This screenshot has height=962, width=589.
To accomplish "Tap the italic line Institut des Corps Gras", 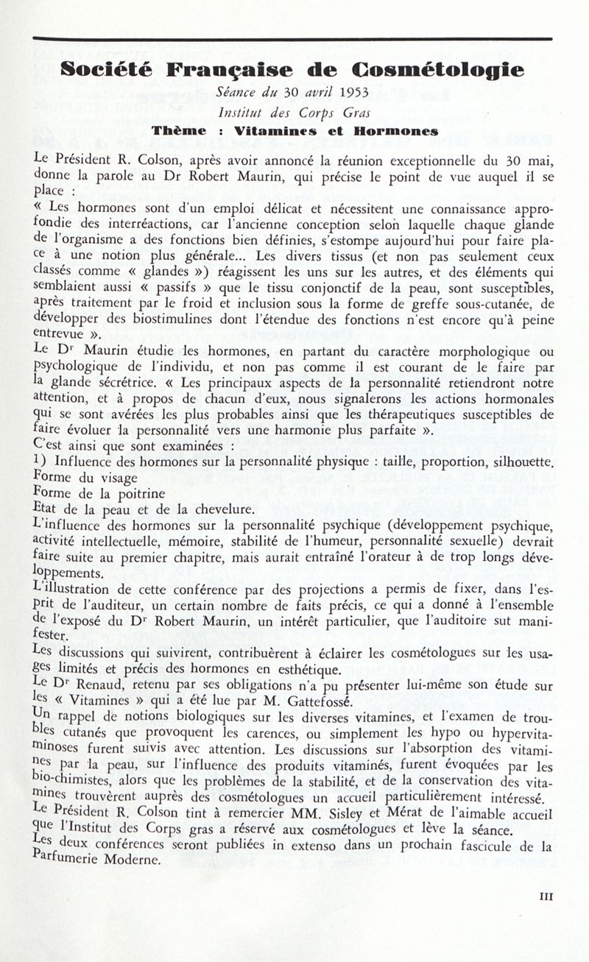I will pyautogui.click(x=294, y=113).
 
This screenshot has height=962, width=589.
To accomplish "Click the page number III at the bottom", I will pyautogui.click(x=546, y=897).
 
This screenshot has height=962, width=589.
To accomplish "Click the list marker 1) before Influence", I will pyautogui.click(x=40, y=463).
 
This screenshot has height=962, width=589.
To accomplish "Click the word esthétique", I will pyautogui.click(x=306, y=669).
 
